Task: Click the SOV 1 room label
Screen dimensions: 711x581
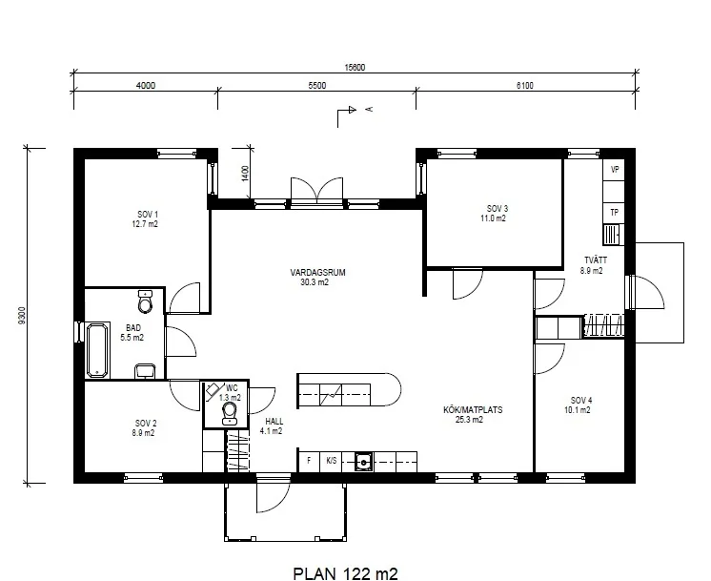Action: coord(148,214)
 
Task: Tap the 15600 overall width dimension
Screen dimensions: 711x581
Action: coord(355,67)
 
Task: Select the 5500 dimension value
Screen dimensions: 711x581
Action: coord(317,85)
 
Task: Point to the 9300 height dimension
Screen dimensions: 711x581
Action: coord(22,316)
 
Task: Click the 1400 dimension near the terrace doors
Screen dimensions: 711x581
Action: coord(245,174)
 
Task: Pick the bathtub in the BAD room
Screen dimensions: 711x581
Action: coord(97,350)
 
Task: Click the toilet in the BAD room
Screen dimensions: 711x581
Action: coord(146,301)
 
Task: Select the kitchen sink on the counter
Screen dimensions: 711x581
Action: coord(363,462)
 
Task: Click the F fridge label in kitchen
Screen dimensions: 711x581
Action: coord(309,461)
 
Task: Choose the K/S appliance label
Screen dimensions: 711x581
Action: coord(332,461)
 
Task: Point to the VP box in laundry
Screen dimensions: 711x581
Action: coord(615,170)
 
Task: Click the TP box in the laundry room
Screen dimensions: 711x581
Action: coord(615,213)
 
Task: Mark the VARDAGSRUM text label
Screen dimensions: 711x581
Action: coord(318,272)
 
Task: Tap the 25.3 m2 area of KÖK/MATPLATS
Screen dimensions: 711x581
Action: coord(469,420)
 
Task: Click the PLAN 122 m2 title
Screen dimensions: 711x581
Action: coord(346,573)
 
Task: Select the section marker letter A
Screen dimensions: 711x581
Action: coord(370,109)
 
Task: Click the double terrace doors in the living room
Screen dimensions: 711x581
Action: coord(317,190)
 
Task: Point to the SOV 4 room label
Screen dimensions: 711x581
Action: coord(581,401)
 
